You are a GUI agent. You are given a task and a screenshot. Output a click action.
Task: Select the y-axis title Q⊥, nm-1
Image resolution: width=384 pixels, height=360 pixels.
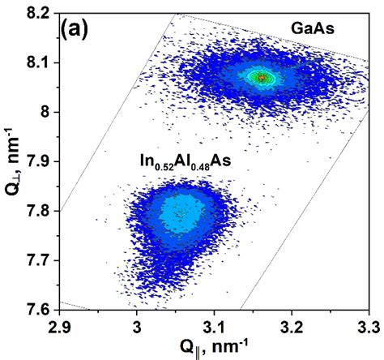[11, 162]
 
